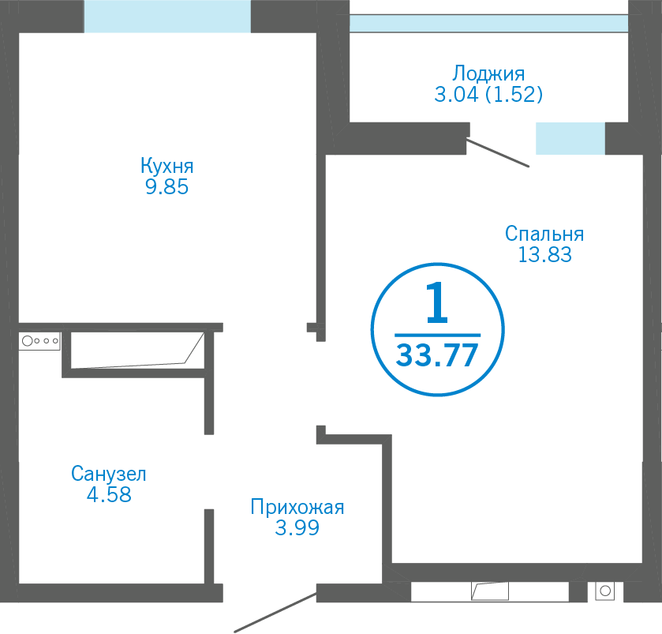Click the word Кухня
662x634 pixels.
pyautogui.click(x=166, y=167)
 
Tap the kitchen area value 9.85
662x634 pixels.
pyautogui.click(x=166, y=188)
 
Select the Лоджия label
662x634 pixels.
pyautogui.click(x=489, y=74)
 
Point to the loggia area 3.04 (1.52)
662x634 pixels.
pyautogui.click(x=489, y=96)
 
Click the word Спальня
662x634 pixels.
pyautogui.click(x=544, y=234)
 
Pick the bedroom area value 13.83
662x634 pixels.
pyautogui.click(x=544, y=254)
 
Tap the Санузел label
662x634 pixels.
pyautogui.click(x=109, y=474)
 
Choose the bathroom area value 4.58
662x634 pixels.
pyautogui.click(x=109, y=495)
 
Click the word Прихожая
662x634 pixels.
pyautogui.click(x=297, y=507)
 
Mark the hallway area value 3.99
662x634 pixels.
pyautogui.click(x=297, y=528)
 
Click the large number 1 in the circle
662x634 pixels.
pyautogui.click(x=436, y=305)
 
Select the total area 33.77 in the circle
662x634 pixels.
pyautogui.click(x=436, y=356)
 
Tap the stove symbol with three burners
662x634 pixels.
pyautogui.click(x=40, y=341)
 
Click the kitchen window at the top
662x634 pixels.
pyautogui.click(x=167, y=16)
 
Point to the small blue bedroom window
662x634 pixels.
pyautogui.click(x=570, y=139)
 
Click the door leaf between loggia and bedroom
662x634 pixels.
pyautogui.click(x=498, y=153)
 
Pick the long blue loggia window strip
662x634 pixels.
pyautogui.click(x=488, y=24)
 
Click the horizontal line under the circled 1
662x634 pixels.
pyautogui.click(x=436, y=335)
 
